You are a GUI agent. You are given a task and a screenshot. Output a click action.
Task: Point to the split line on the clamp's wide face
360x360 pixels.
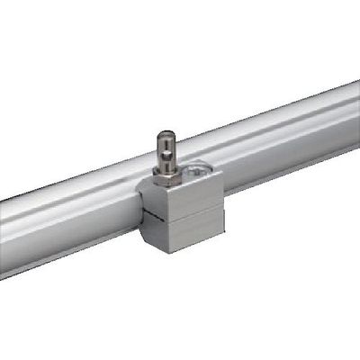pos(193,211)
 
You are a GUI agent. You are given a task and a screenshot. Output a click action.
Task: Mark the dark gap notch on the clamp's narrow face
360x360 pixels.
pos(150,214)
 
